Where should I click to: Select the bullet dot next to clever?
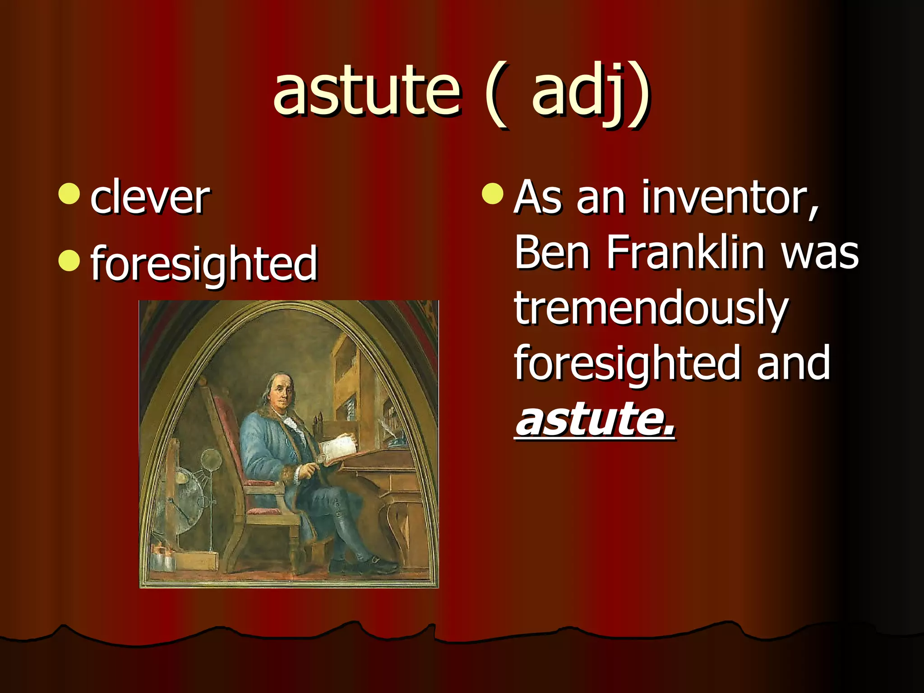point(69,194)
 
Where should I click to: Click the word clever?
point(150,197)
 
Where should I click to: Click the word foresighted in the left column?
point(204,264)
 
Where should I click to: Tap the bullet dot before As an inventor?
point(492,194)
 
